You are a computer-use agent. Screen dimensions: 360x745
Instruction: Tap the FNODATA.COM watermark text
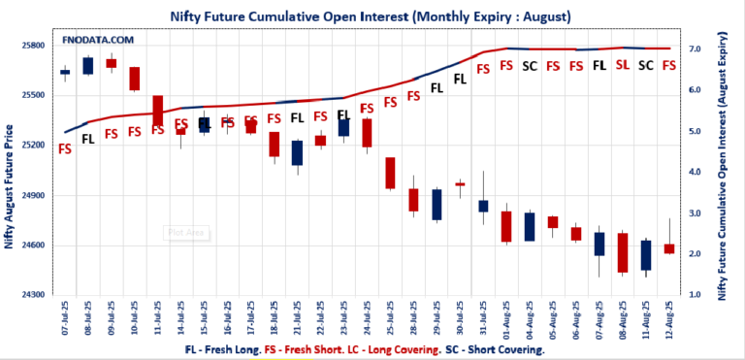pos(97,41)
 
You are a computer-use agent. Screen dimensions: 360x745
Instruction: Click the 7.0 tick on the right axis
pos(696,49)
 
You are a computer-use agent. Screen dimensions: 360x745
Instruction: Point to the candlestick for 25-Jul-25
pos(390,173)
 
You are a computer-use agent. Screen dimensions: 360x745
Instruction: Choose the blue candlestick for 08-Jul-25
pos(88,65)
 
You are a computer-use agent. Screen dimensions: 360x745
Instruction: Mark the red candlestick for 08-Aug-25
pos(623,252)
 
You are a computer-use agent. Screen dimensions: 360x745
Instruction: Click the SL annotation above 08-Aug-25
pos(623,66)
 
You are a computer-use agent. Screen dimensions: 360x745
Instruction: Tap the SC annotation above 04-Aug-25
pos(530,66)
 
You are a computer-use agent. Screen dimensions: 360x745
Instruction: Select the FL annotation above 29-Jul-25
pos(437,86)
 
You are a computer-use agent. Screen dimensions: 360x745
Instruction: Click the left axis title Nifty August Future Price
pos(11,185)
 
